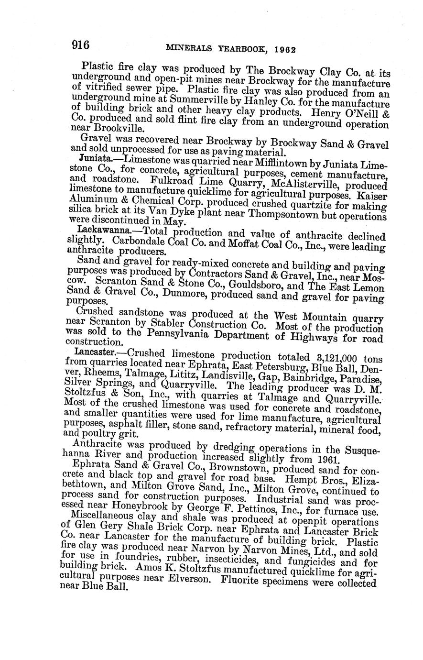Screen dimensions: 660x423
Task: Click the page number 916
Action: [81, 45]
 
